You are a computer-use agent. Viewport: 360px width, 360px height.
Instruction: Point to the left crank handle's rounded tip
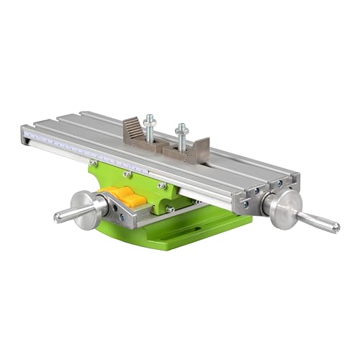(58, 215)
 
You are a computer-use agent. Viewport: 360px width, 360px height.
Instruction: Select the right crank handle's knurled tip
(333, 227)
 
